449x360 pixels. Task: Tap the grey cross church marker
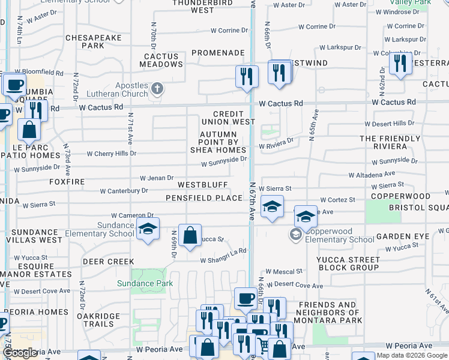pos(157,89)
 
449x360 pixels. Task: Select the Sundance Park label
pos(145,283)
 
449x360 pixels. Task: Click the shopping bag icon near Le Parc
pos(28,129)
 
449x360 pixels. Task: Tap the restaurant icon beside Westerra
pos(400,64)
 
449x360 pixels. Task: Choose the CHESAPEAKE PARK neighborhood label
pos(93,41)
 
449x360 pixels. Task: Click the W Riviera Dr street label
pos(276,144)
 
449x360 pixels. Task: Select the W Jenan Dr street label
pos(157,178)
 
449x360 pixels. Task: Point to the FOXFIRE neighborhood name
pos(67,181)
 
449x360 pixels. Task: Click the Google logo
pos(20,353)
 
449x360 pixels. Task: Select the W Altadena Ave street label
pos(372,175)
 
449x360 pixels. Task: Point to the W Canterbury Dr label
pos(124,191)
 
